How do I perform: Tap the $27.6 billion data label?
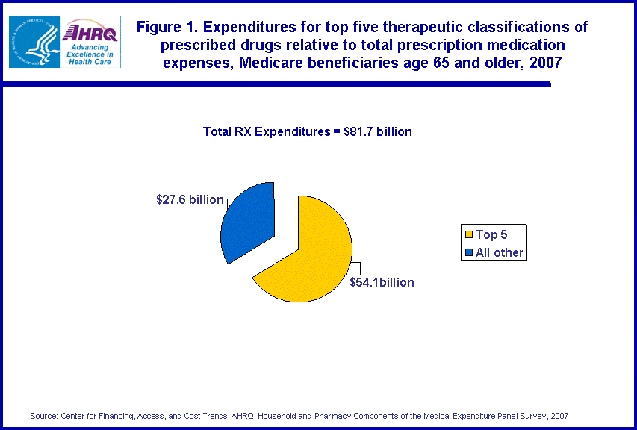[x=190, y=199]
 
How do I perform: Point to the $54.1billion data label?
[x=382, y=282]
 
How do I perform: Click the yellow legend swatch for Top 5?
[x=468, y=235]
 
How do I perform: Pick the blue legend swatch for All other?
[x=468, y=252]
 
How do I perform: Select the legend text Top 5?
[x=491, y=235]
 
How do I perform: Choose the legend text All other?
[x=500, y=252]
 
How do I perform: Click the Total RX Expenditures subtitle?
[x=307, y=131]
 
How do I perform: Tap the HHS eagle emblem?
[x=34, y=42]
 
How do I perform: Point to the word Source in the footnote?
[x=42, y=415]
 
